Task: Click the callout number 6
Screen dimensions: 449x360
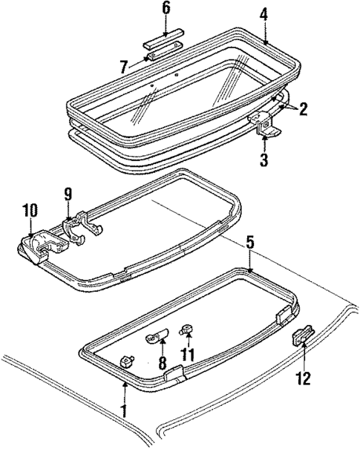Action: pos(166,9)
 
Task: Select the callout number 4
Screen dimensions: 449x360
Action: pos(264,13)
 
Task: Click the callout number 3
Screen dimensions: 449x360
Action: pos(264,160)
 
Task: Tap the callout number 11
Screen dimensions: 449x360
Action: pos(189,355)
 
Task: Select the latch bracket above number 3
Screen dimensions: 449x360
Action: pos(265,122)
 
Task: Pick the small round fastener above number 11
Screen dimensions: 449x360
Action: pos(189,328)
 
